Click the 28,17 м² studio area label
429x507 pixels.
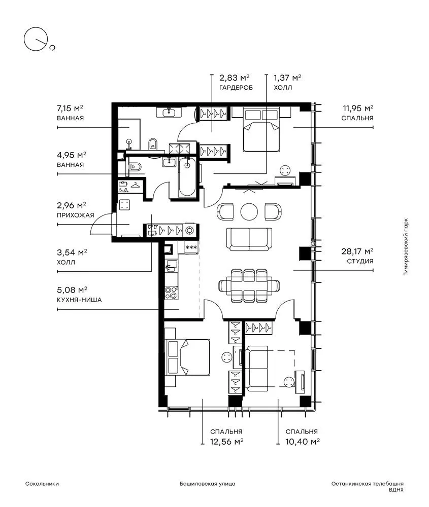[x=357, y=251]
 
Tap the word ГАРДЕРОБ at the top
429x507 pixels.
[x=236, y=88]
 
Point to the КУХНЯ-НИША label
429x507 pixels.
[x=79, y=300]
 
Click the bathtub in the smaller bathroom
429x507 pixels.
[x=187, y=177]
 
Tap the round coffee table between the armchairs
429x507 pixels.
[x=249, y=212]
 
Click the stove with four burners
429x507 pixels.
[x=171, y=293]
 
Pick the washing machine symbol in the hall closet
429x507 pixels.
[x=189, y=231]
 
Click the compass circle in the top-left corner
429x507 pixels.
[x=36, y=39]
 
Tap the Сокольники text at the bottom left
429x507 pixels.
[x=42, y=484]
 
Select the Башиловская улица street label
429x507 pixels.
[x=208, y=484]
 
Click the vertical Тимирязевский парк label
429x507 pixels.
[x=406, y=247]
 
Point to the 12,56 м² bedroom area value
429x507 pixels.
[x=226, y=442]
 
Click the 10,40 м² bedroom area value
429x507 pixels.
[x=303, y=442]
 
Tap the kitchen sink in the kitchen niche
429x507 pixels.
[x=171, y=266]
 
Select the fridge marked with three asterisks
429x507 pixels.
[x=191, y=248]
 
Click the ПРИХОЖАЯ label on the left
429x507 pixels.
[x=76, y=215]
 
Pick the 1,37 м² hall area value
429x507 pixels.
[x=287, y=78]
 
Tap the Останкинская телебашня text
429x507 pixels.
[x=368, y=484]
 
